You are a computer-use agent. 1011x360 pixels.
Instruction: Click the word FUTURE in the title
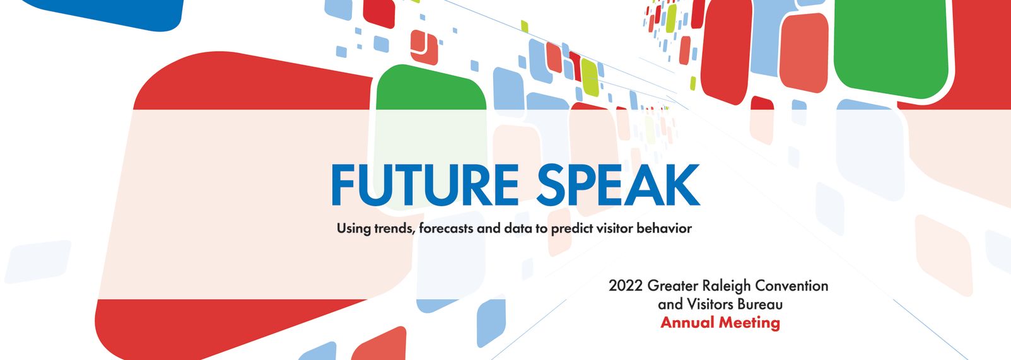pyautogui.click(x=424, y=185)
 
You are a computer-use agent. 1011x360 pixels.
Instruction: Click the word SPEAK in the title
pyautogui.click(x=618, y=185)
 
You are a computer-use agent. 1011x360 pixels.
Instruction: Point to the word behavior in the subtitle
pyautogui.click(x=664, y=228)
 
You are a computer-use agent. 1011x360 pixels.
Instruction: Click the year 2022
pyautogui.click(x=626, y=286)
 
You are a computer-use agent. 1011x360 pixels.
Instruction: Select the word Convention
pyautogui.click(x=792, y=286)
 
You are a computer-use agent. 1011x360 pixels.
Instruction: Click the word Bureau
pyautogui.click(x=760, y=304)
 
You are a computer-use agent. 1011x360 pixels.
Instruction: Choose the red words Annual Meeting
pyautogui.click(x=720, y=323)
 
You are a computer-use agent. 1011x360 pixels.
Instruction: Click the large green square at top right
pyautogui.click(x=891, y=46)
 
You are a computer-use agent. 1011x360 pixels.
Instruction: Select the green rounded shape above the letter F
pyautogui.click(x=431, y=88)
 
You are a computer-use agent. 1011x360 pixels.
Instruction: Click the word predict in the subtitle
pyautogui.click(x=572, y=228)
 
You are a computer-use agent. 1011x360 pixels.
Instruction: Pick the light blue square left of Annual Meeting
pyautogui.click(x=491, y=323)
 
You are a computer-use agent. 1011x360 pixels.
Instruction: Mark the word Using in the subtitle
pyautogui.click(x=353, y=229)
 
